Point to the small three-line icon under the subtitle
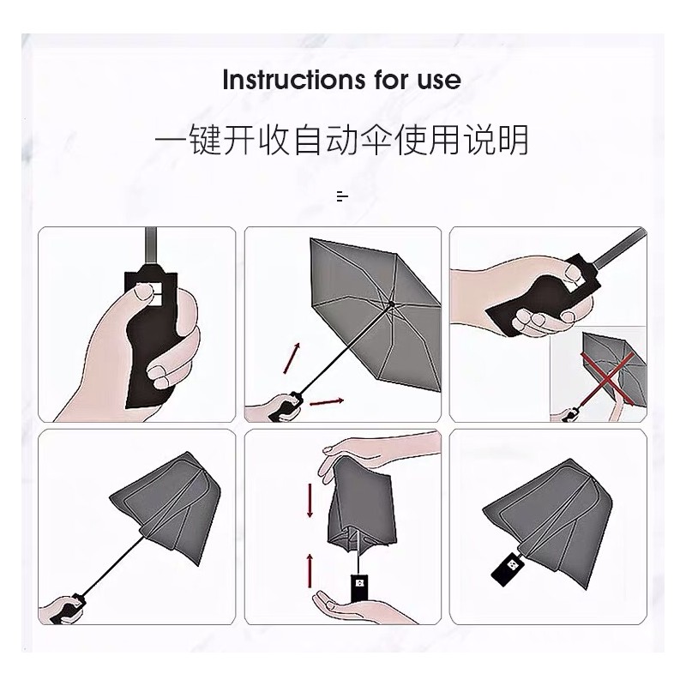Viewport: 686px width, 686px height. click(342, 196)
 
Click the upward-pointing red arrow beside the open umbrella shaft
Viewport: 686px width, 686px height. click(292, 358)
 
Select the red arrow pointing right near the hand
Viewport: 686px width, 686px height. click(327, 401)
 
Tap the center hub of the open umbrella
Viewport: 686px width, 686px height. click(392, 304)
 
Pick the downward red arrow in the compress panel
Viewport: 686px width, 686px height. click(310, 500)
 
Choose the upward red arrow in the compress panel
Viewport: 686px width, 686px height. click(310, 571)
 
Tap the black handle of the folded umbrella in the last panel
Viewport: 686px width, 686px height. click(507, 569)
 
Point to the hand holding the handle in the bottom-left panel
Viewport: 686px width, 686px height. click(62, 608)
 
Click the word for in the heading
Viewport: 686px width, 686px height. click(392, 80)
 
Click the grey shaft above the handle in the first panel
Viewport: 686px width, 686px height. click(152, 246)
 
